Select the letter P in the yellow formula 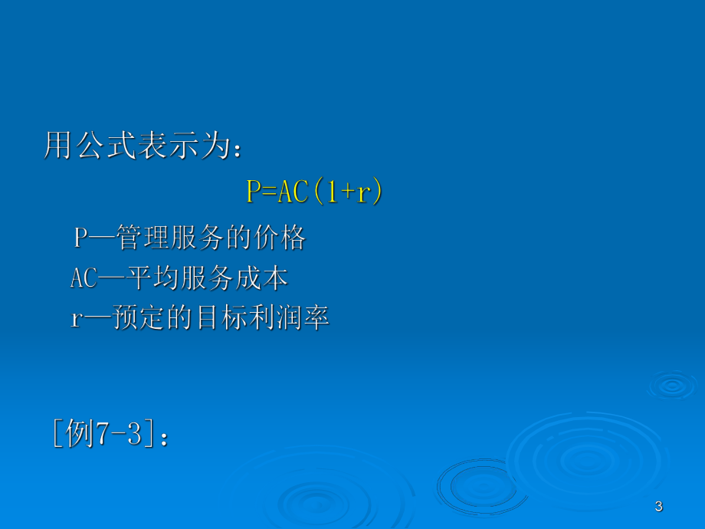tap(254, 192)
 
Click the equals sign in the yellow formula tap(269, 192)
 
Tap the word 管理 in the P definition tap(145, 238)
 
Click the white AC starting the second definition tap(84, 278)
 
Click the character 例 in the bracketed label tap(80, 435)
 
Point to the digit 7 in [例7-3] tap(103, 435)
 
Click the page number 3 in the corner tap(659, 506)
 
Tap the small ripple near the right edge tap(672, 385)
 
